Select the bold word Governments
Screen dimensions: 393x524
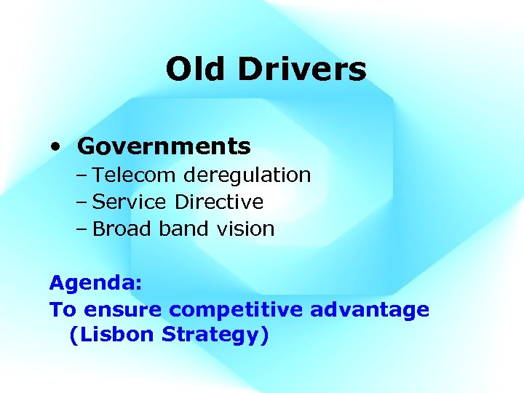164,146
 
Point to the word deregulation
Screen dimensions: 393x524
247,175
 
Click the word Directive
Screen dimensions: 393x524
219,202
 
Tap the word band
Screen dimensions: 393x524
182,229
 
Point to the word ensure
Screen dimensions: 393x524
124,310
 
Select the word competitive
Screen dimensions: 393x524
237,310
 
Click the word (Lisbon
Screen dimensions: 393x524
112,336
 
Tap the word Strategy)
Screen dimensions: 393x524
215,336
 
